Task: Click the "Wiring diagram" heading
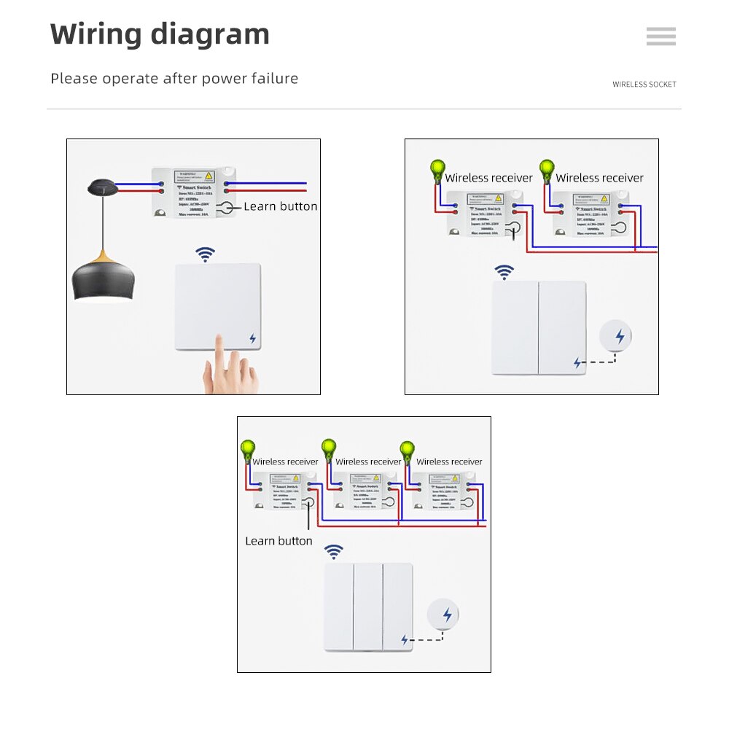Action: tap(160, 34)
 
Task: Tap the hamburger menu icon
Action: tap(660, 36)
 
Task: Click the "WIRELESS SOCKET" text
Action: tap(644, 85)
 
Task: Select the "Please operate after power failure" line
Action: tap(174, 79)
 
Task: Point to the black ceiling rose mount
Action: tap(102, 188)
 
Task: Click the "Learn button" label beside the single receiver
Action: tap(281, 206)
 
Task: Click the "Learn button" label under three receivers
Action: tap(278, 541)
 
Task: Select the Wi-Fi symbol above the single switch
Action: tap(206, 254)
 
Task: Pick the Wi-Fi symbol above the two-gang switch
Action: tap(504, 273)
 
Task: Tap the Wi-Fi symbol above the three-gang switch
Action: tap(334, 552)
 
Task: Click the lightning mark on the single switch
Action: tap(252, 338)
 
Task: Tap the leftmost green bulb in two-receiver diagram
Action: tap(437, 171)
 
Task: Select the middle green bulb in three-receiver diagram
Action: tap(329, 448)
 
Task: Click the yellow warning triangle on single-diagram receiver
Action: tap(209, 176)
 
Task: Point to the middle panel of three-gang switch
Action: tap(368, 607)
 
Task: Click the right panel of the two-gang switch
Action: tap(562, 327)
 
